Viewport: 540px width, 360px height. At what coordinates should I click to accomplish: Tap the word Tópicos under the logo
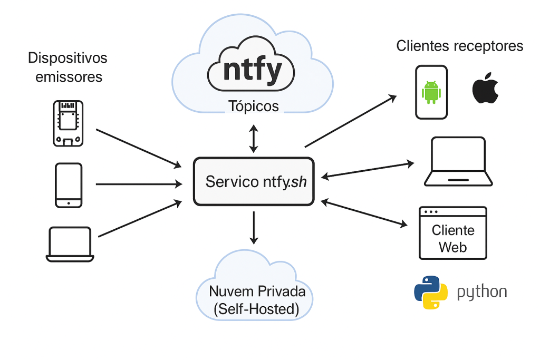[x=254, y=106]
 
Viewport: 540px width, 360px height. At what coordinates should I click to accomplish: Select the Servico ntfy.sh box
[x=254, y=181]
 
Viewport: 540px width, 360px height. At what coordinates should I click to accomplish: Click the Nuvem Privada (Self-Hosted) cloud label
[x=254, y=300]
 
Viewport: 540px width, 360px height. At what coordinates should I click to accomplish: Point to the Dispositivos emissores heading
[x=68, y=67]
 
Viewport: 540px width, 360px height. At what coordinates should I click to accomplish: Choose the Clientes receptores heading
[x=460, y=46]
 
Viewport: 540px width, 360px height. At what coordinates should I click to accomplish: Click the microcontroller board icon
[x=68, y=123]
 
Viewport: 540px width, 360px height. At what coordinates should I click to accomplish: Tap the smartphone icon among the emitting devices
[x=69, y=185]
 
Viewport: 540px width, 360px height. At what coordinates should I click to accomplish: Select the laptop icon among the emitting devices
[x=70, y=244]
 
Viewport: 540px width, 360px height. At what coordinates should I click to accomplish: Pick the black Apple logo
[x=485, y=89]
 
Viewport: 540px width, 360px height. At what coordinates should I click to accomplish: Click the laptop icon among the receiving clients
[x=459, y=162]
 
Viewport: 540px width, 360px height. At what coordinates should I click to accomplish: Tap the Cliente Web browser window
[x=453, y=233]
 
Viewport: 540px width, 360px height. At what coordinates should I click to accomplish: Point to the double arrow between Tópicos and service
[x=254, y=139]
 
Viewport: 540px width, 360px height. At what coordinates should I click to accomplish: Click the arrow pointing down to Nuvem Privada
[x=254, y=227]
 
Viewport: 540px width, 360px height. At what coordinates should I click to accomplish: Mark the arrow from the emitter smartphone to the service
[x=138, y=184]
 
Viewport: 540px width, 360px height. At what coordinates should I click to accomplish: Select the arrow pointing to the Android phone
[x=351, y=121]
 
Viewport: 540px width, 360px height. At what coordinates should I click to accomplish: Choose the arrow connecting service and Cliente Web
[x=365, y=213]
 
